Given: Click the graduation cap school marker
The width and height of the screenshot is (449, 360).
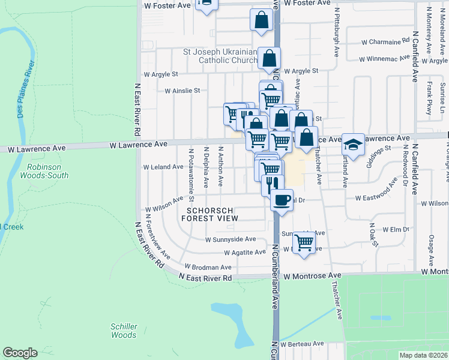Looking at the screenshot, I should (354, 144).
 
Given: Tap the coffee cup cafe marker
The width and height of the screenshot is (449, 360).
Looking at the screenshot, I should (281, 200).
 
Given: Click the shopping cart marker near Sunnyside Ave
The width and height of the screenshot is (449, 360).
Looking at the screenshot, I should (304, 242).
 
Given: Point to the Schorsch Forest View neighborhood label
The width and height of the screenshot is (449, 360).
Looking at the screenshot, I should (212, 215).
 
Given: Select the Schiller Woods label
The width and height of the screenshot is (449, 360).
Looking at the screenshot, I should (124, 331).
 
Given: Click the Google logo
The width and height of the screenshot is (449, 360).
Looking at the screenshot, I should (20, 353).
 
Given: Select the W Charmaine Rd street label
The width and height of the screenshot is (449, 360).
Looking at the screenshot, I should (385, 42).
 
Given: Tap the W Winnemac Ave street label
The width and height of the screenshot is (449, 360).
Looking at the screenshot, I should (384, 59).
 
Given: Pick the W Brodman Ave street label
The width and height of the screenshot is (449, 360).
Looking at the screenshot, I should (208, 267).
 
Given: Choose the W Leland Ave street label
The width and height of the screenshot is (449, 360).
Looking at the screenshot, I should (163, 167).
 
